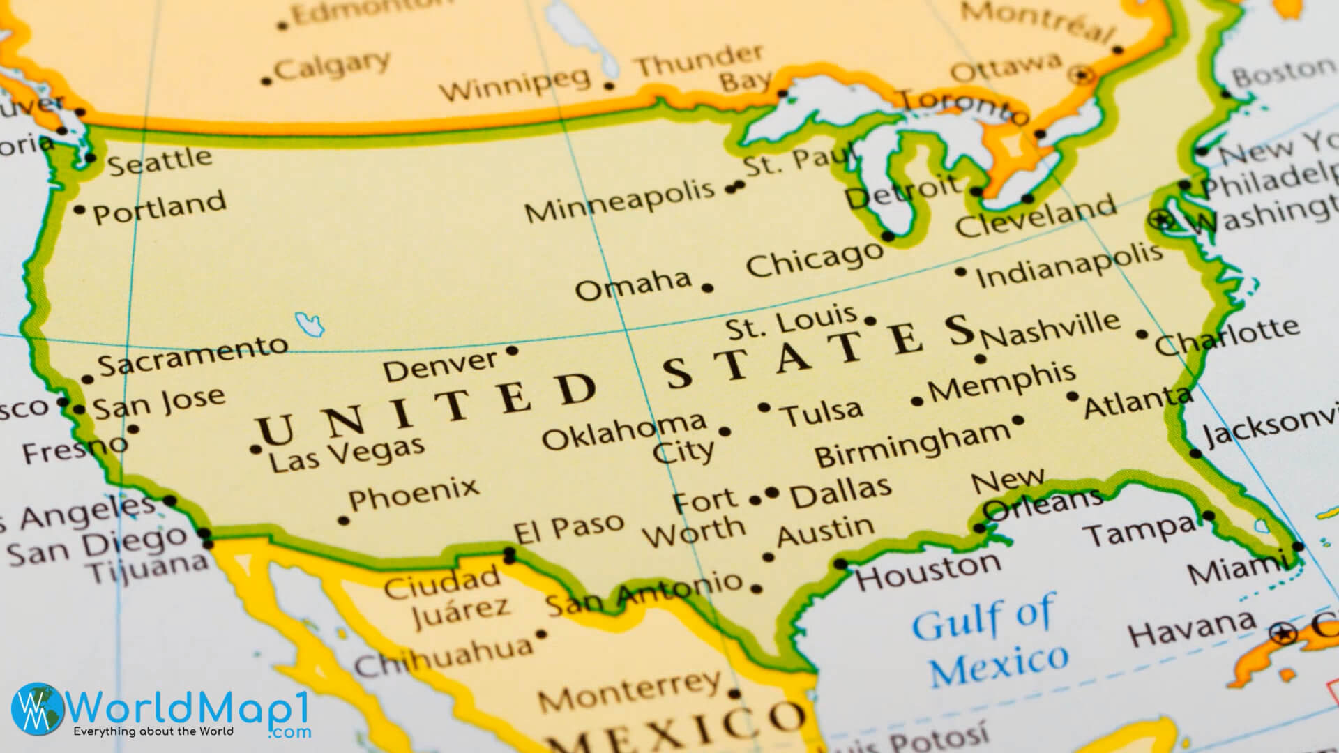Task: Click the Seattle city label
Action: coord(160,161)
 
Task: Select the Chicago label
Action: coord(814,259)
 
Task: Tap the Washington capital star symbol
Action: coord(1161,220)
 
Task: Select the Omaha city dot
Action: coord(708,287)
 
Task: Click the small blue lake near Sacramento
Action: coord(310,324)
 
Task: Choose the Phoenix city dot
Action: coord(343,520)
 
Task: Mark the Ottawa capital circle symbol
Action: coord(1084,74)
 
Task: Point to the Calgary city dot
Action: coord(266,81)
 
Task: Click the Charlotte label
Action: coord(1227,336)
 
